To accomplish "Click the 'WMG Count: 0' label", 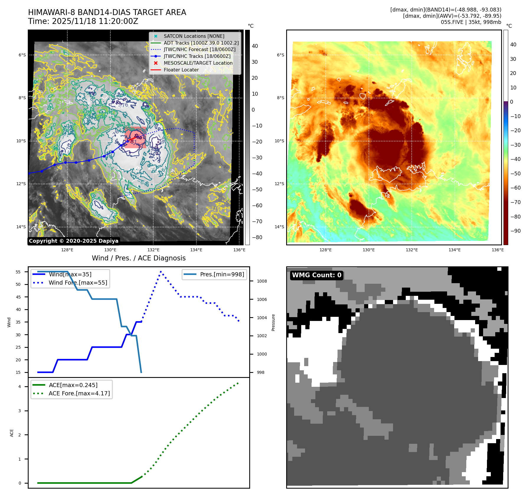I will (317, 275).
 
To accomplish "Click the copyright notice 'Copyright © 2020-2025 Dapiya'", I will (74, 241).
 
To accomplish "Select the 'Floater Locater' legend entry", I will (181, 70).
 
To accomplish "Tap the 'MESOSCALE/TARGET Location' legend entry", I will (198, 63).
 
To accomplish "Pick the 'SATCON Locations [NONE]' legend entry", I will (194, 36).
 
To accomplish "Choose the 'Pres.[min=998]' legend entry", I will (222, 275).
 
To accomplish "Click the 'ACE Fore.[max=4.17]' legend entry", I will (79, 394).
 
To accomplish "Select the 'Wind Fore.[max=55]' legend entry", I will (78, 283).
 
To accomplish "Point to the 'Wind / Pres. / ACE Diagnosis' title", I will (139, 258).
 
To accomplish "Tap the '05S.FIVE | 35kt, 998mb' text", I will (471, 22).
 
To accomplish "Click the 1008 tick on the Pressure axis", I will (262, 281).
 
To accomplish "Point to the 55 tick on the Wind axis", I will (18, 272).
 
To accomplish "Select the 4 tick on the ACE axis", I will (20, 387).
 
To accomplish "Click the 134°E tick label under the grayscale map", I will (196, 250).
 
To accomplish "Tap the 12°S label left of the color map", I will (279, 184).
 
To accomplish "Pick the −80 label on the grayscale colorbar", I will (257, 237).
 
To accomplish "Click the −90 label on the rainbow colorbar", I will (515, 231).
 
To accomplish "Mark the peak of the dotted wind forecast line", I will (161, 271).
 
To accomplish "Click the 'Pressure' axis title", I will (273, 322).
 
